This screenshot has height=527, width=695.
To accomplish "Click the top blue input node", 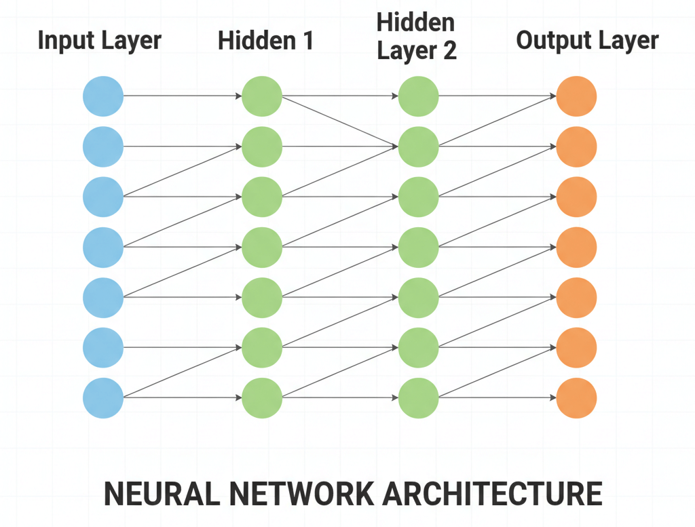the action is (103, 96).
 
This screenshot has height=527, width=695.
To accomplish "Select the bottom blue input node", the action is (103, 398).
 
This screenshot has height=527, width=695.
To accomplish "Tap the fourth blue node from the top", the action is (103, 248).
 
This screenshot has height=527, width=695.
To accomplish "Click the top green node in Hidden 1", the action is (262, 96).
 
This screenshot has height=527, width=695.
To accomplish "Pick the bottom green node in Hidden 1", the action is (262, 398).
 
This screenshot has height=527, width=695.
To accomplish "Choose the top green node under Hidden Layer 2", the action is (419, 96).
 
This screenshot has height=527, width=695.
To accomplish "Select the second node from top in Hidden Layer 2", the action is (419, 147).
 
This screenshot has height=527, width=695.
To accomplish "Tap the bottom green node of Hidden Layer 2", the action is (419, 398).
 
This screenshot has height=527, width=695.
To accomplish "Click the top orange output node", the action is (576, 96).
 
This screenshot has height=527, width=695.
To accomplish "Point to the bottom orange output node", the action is (576, 398).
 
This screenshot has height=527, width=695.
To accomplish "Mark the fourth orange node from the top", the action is (576, 248).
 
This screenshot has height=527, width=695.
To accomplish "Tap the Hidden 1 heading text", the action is (265, 41).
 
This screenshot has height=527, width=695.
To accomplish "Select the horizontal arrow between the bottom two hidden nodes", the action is (339, 398).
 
